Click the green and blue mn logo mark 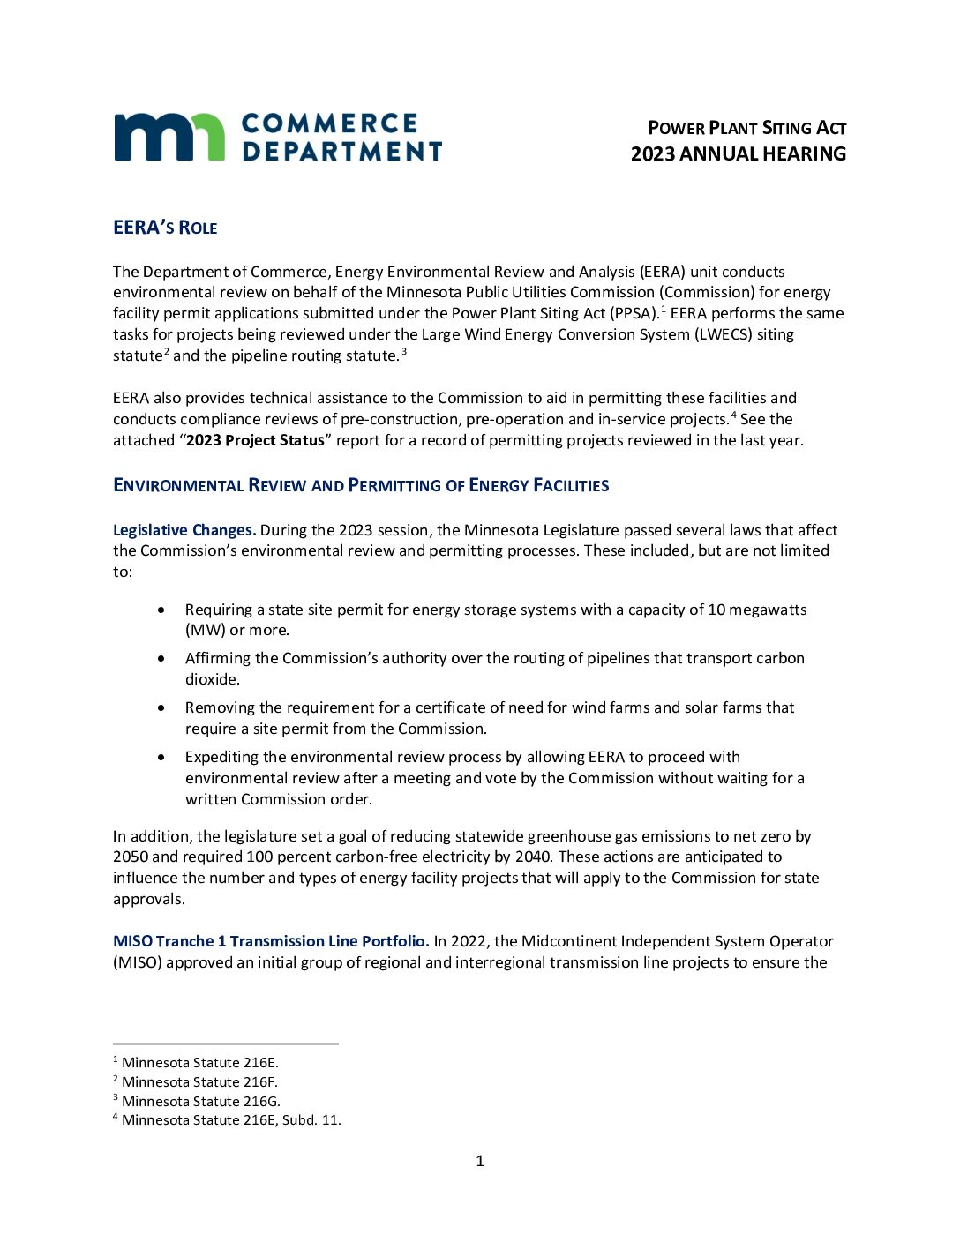point(169,138)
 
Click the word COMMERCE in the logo point(329,123)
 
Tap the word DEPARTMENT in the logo point(341,152)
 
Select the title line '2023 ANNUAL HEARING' point(738,154)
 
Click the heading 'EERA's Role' point(165,228)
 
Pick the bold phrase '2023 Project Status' point(255,440)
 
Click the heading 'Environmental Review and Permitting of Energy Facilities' point(361,485)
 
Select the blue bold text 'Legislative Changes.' point(184,530)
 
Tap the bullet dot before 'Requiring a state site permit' point(161,610)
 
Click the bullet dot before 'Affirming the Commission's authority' point(161,658)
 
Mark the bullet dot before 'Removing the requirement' point(161,707)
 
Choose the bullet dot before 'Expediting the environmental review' point(161,757)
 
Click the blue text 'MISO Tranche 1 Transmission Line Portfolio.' point(271,941)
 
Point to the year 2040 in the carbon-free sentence point(532,857)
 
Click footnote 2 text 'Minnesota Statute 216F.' point(199,1082)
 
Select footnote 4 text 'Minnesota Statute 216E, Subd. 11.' point(231,1120)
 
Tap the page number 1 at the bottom point(480,1162)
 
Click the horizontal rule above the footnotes point(226,1044)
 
